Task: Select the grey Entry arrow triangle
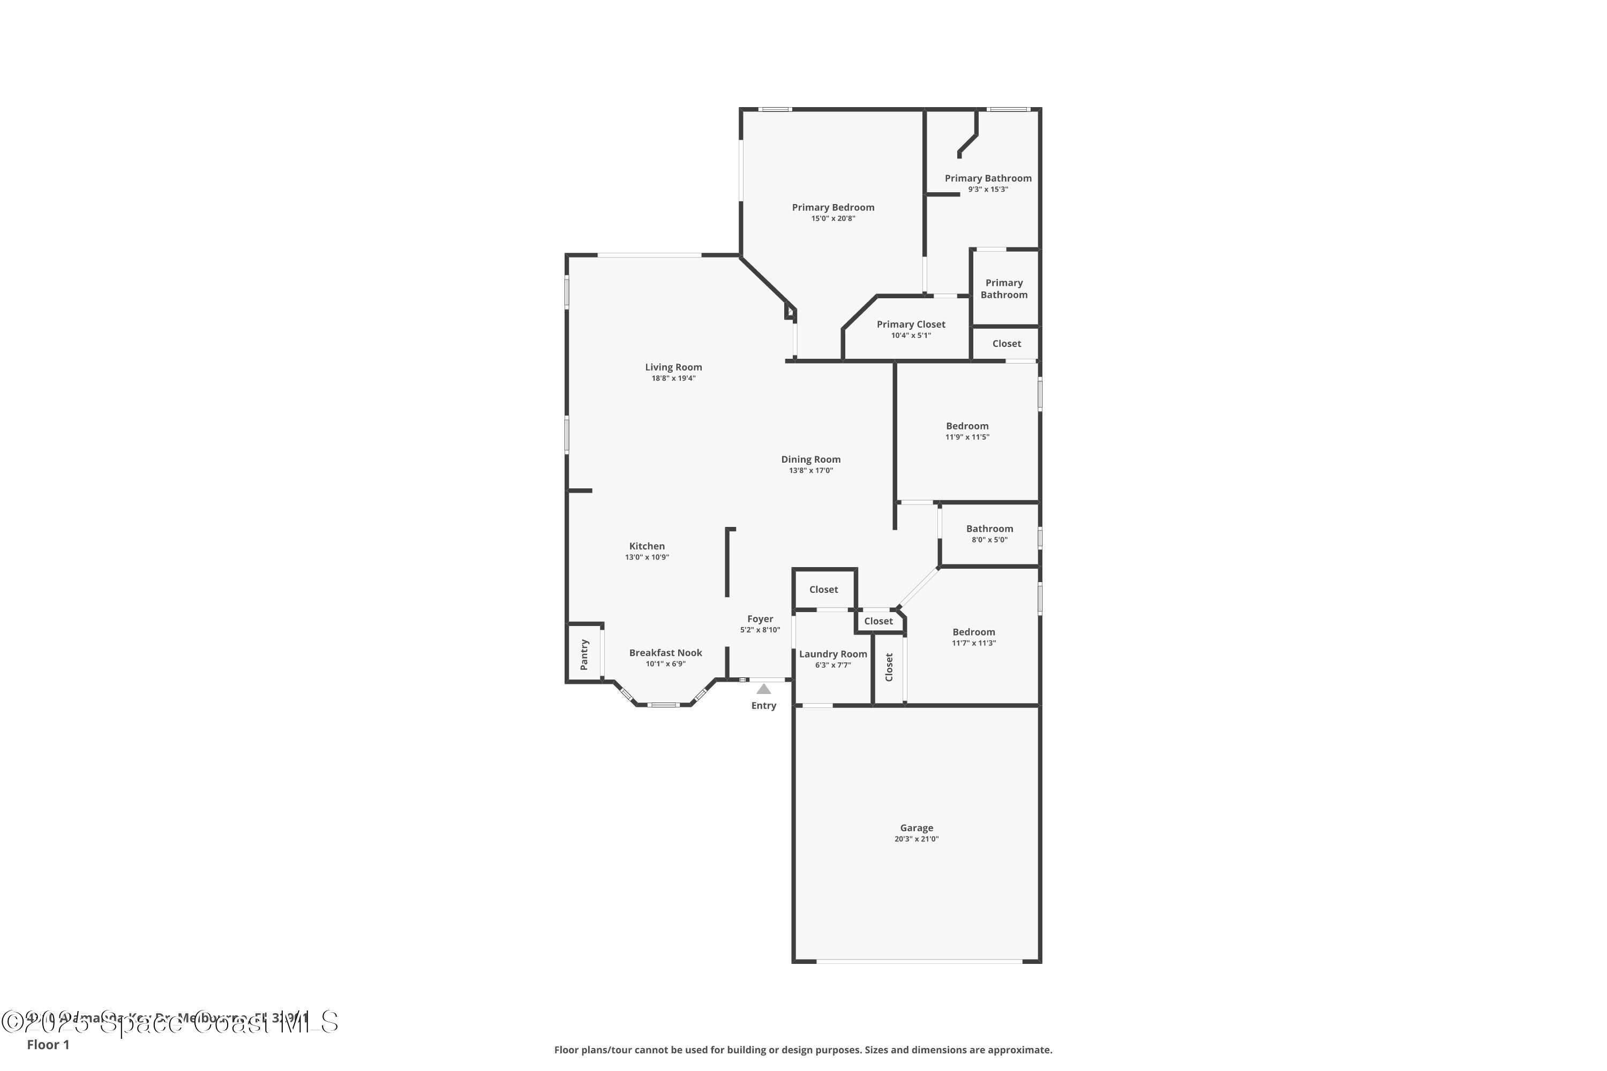(764, 690)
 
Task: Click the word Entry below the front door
(764, 706)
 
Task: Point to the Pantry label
(584, 654)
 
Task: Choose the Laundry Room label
(833, 654)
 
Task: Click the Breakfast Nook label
(665, 653)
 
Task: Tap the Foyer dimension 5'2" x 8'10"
(760, 630)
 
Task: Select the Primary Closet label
(911, 325)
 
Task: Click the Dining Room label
(811, 459)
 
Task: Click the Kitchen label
(647, 546)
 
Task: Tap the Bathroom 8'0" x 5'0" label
(989, 529)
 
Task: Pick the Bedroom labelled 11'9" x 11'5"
(967, 426)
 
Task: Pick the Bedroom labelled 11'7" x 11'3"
(974, 632)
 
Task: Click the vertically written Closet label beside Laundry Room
(889, 667)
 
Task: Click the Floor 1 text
(48, 1044)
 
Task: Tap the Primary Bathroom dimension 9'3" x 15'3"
(988, 189)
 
